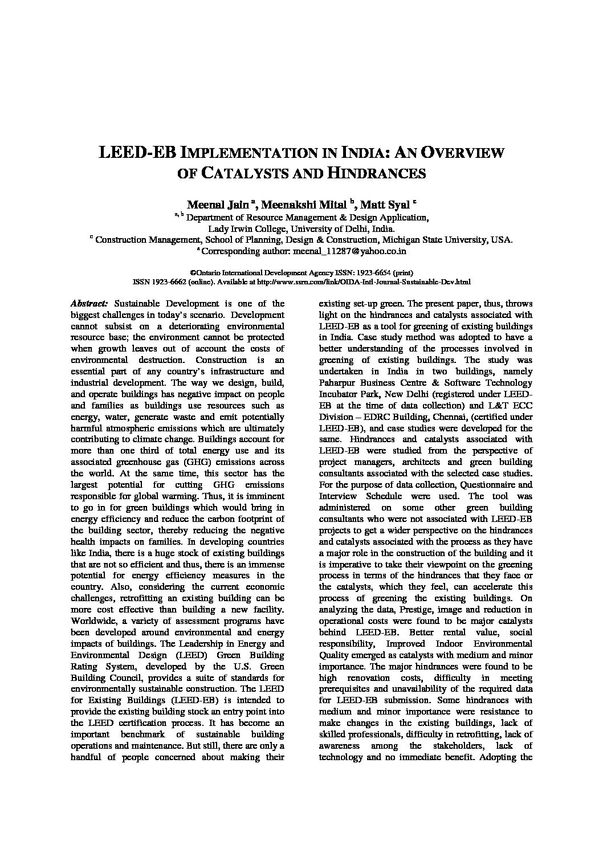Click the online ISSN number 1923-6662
coord(168,281)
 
